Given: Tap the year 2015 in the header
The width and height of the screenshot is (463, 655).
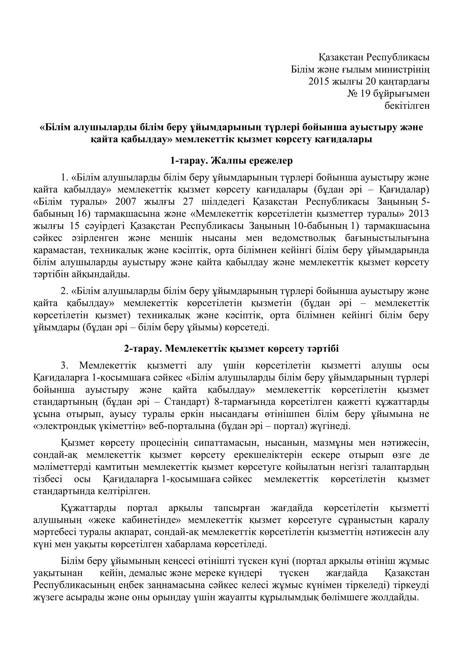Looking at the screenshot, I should (319, 81).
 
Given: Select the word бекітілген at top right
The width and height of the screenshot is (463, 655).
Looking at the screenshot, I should (407, 106).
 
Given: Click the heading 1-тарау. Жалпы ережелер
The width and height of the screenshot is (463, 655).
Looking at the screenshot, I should (231, 161).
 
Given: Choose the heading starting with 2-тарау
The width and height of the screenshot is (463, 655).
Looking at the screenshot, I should (231, 349).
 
